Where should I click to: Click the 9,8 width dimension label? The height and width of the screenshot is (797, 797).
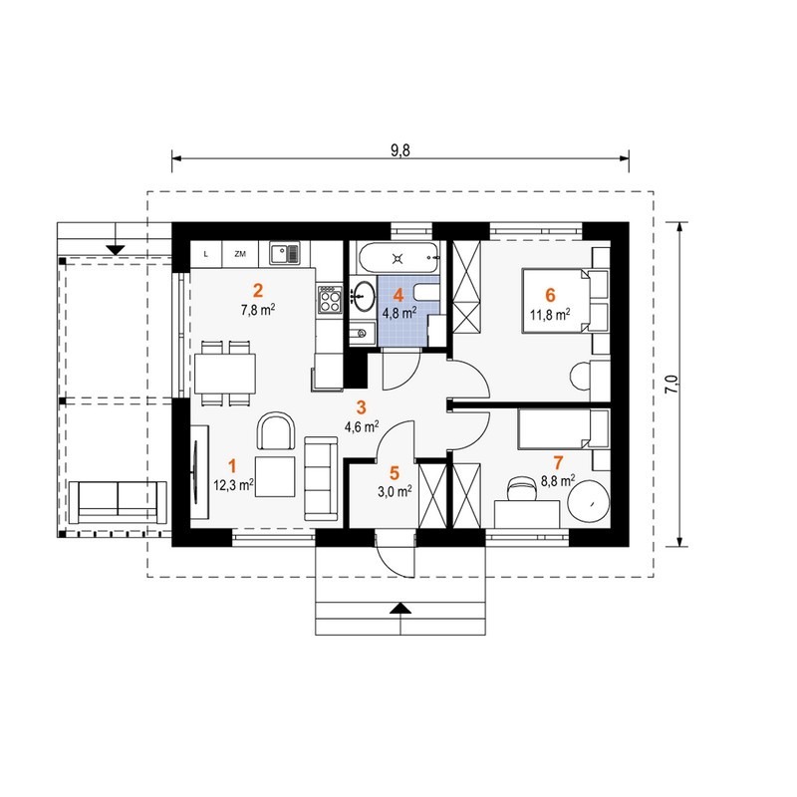click(400, 150)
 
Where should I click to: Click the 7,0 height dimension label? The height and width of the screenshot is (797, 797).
click(671, 385)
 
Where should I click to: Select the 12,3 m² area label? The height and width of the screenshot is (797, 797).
click(234, 484)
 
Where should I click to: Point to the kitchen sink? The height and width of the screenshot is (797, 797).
click(285, 253)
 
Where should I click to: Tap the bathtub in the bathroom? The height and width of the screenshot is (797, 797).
click(398, 258)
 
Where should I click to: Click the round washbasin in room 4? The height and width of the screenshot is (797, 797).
click(363, 295)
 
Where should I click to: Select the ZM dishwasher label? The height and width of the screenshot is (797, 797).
click(240, 254)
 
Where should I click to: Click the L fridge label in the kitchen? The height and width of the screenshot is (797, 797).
click(206, 254)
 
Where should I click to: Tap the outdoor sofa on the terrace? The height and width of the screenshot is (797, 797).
click(118, 502)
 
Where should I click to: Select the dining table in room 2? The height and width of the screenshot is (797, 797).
click(225, 373)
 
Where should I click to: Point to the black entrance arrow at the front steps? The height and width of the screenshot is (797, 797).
click(401, 608)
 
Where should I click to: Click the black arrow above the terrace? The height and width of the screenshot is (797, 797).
click(117, 250)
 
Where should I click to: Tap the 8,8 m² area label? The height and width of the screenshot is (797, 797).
click(558, 480)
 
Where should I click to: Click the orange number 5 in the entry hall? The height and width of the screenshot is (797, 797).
click(395, 473)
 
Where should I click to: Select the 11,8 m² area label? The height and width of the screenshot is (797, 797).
click(550, 314)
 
